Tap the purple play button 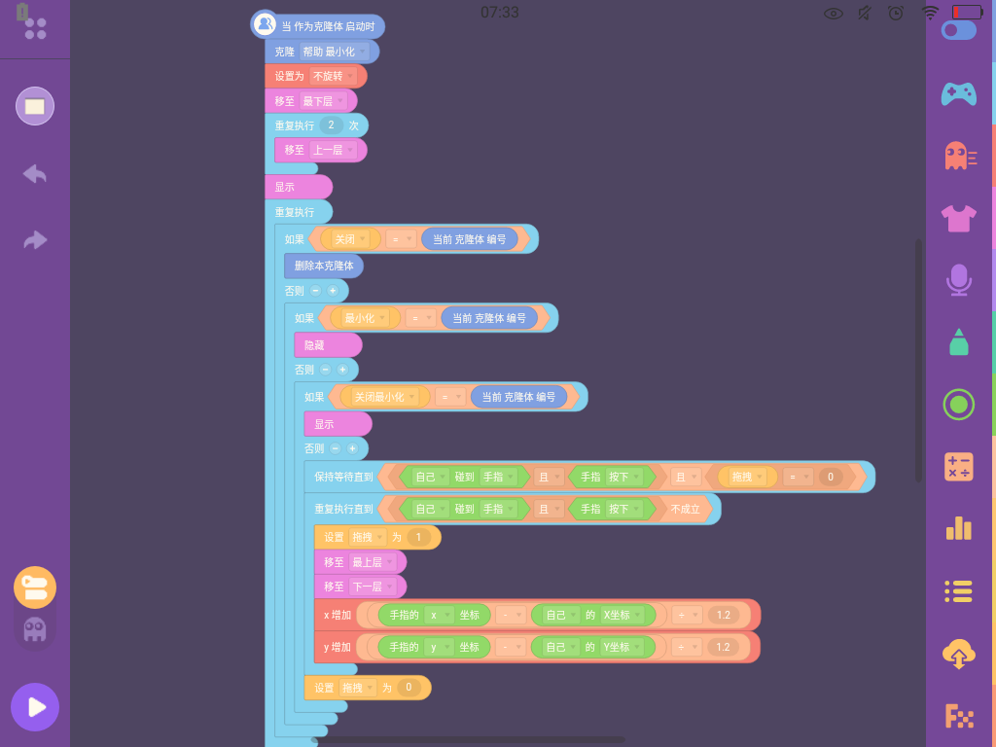click(x=35, y=707)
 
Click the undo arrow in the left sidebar click(x=35, y=173)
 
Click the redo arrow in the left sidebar click(x=35, y=239)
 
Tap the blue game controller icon click(x=958, y=94)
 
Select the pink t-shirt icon click(x=958, y=219)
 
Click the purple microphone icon click(x=958, y=280)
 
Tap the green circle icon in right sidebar click(x=958, y=405)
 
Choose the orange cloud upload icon click(x=958, y=654)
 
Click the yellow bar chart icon click(x=958, y=528)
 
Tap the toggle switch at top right click(x=959, y=30)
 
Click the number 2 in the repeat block click(x=331, y=125)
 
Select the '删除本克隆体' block click(x=324, y=266)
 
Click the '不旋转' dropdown click(x=334, y=76)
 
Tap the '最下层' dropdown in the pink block click(x=323, y=101)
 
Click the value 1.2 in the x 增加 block click(x=723, y=615)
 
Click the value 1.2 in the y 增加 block click(x=723, y=647)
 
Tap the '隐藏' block click(x=328, y=345)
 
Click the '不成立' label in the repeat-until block click(x=685, y=509)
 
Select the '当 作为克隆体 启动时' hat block click(x=318, y=25)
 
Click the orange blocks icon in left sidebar click(x=35, y=587)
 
